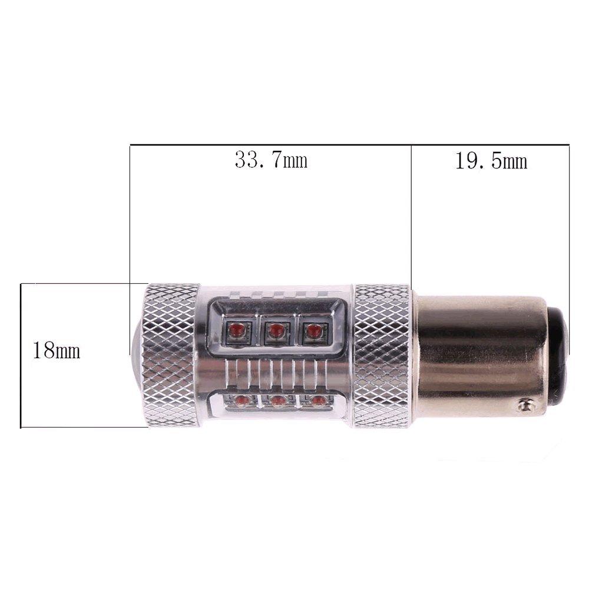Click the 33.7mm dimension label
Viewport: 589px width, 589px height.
pyautogui.click(x=271, y=160)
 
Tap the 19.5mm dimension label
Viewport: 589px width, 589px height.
pyautogui.click(x=491, y=161)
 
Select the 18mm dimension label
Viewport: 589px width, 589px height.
pyautogui.click(x=57, y=350)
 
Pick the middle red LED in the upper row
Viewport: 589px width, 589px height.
pyautogui.click(x=277, y=330)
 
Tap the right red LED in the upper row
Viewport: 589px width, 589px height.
pyautogui.click(x=314, y=330)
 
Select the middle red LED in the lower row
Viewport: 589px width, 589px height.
pyautogui.click(x=279, y=401)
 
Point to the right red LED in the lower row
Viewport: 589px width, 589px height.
pyautogui.click(x=317, y=401)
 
